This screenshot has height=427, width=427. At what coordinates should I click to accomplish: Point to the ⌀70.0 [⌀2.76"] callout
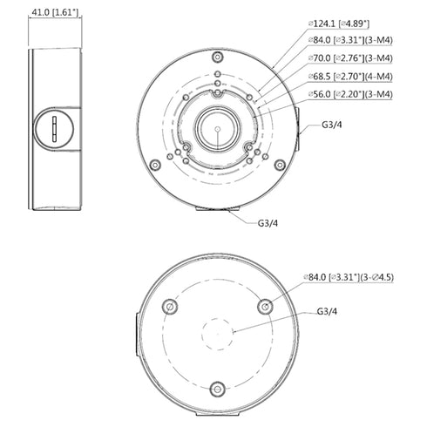342,58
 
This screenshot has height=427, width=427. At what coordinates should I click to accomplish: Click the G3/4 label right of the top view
332,125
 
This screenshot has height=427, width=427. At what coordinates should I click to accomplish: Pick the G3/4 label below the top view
268,222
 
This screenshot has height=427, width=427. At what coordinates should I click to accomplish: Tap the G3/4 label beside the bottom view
328,310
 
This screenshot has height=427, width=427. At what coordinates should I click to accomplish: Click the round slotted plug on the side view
53,128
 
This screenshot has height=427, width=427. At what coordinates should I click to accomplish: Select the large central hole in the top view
214,128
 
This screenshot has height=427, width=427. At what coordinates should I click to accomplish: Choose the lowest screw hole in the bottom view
218,388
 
